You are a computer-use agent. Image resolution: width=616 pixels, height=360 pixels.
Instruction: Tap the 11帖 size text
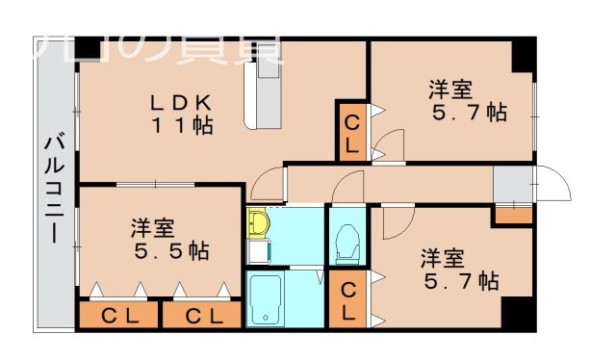click(181, 124)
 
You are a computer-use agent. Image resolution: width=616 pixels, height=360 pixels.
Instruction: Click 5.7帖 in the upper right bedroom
click(469, 112)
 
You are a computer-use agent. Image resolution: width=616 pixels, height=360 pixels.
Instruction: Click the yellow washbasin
click(258, 224)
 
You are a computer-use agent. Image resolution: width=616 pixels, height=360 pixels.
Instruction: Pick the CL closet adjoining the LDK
click(351, 133)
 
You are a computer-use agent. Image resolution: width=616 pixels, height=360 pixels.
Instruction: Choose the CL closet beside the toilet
click(348, 300)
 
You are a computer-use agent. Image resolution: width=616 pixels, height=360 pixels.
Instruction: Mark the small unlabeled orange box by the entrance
click(512, 216)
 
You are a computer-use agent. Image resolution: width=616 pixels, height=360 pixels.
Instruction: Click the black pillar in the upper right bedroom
click(522, 55)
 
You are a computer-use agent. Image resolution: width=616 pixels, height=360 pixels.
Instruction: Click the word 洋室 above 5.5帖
click(153, 229)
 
